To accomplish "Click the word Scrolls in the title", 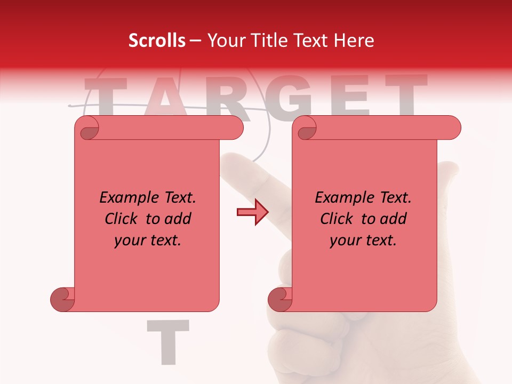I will tap(157, 41).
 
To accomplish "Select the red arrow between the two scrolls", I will tap(252, 213).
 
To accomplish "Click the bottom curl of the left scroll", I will tap(63, 299).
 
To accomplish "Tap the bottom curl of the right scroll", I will tap(281, 299).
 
